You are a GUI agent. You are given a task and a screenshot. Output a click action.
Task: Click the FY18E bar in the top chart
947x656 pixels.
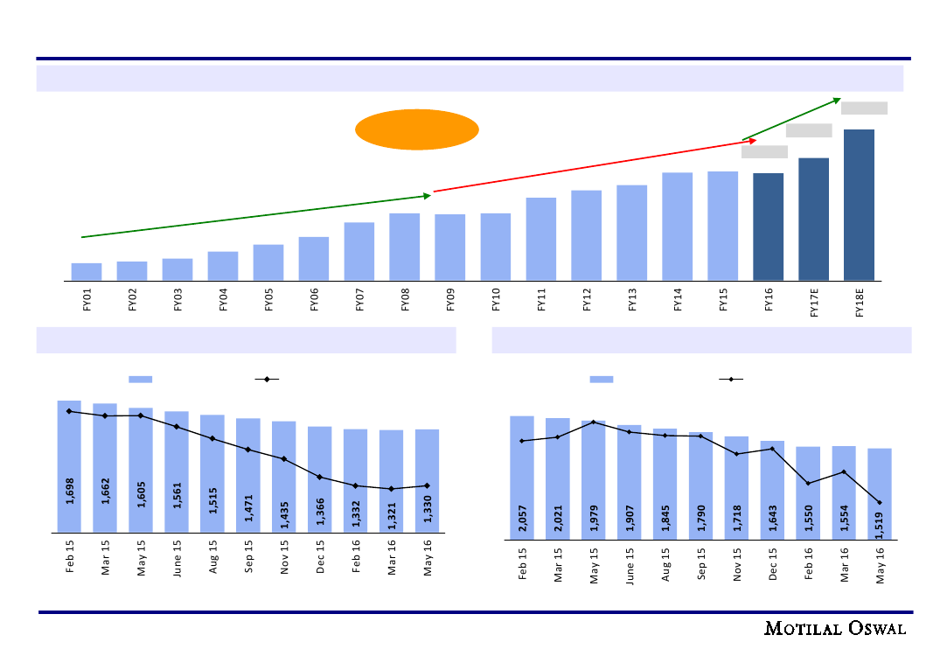click(859, 205)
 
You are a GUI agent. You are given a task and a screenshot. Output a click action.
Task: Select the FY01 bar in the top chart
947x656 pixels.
click(87, 271)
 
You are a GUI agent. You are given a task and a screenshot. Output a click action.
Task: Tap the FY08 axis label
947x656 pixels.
click(405, 303)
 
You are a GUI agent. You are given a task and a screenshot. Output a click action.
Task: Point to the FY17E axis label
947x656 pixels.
click(814, 306)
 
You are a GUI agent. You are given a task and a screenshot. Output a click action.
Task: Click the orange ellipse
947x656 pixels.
click(417, 129)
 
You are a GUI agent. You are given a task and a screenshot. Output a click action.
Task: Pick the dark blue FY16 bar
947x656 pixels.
click(768, 227)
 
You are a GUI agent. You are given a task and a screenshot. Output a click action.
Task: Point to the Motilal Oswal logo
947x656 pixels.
click(835, 628)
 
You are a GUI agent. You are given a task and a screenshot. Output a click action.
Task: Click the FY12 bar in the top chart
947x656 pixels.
click(586, 234)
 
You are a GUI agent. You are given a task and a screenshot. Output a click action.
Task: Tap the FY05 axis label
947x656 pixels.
click(268, 303)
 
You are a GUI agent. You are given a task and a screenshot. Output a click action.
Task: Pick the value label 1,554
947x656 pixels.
click(844, 512)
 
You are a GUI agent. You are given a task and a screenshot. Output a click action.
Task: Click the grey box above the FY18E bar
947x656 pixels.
click(864, 108)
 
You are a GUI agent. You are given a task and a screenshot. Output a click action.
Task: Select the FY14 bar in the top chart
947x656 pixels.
click(677, 226)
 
